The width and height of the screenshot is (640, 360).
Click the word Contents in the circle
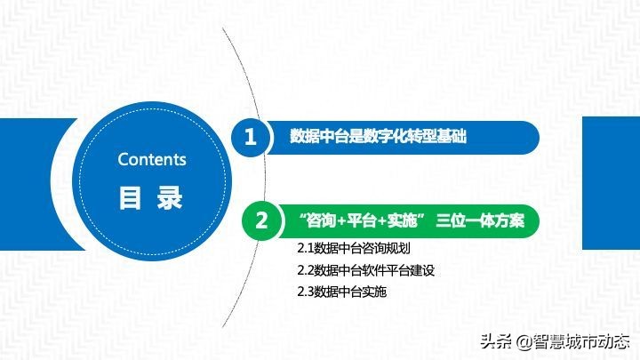(152, 160)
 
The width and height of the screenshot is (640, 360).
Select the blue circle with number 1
(250, 138)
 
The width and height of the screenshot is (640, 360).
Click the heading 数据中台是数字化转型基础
(378, 138)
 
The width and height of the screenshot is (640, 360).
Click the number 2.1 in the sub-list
(305, 249)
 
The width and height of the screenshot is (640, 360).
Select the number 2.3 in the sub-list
(305, 292)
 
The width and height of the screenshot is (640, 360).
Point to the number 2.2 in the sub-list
(305, 270)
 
